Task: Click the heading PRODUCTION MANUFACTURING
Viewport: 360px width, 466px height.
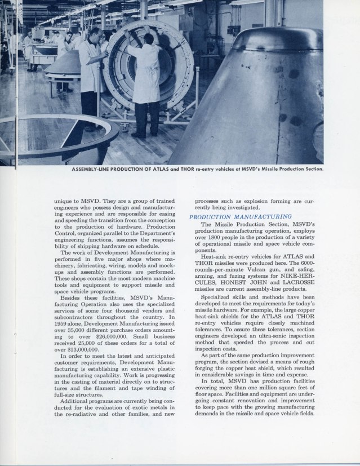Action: (x=240, y=216)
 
